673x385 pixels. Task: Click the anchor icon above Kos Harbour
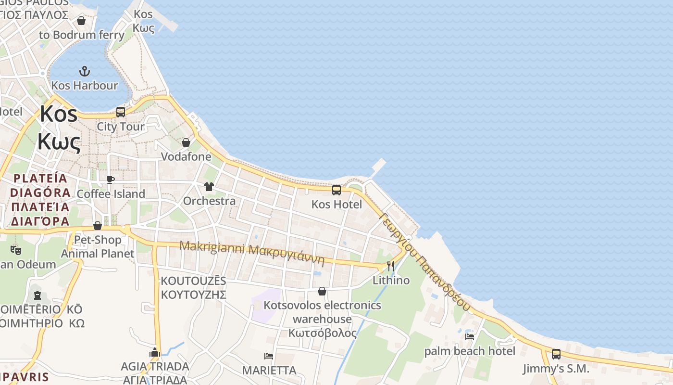85,72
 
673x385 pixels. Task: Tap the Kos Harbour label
85,86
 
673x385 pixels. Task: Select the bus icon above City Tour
121,112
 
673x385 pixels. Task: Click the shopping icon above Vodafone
186,142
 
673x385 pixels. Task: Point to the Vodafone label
186,156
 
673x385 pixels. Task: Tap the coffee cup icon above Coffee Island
111,180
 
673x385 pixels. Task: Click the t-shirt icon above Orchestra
209,187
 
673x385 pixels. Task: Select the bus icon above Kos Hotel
336,190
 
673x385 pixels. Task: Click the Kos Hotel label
336,204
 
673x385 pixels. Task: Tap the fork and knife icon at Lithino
391,266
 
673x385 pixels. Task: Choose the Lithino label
391,280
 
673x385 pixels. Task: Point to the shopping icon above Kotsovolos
322,292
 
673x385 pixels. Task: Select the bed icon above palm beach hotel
470,337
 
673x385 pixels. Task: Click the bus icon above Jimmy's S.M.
556,354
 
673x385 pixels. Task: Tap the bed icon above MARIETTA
269,356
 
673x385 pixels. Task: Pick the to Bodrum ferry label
82,35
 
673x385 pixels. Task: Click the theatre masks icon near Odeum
16,250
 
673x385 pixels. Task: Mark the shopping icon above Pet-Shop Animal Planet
98,226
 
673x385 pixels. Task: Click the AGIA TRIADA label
155,366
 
